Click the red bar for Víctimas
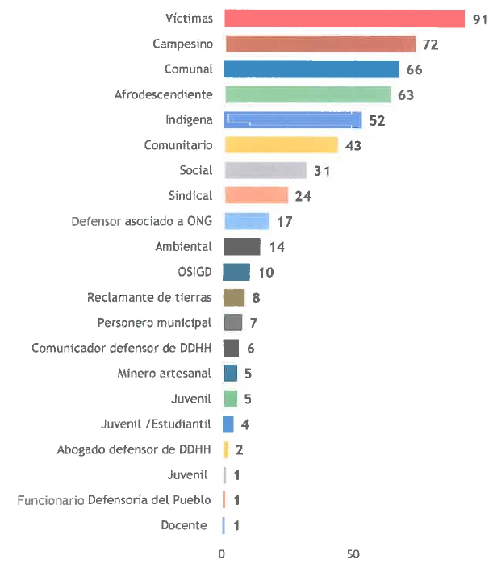point(345,19)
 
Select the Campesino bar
point(320,44)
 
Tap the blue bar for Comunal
point(311,69)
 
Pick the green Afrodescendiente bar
point(307,94)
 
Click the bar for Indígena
point(294,120)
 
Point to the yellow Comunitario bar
point(281,145)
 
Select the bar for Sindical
point(256,195)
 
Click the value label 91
point(480,19)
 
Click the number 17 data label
point(284,221)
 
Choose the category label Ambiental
point(184,246)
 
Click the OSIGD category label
point(194,271)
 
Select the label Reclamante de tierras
point(149,297)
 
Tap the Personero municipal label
point(155,322)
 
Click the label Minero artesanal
point(165,373)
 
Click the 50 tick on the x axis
point(353,554)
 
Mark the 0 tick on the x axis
point(223,554)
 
